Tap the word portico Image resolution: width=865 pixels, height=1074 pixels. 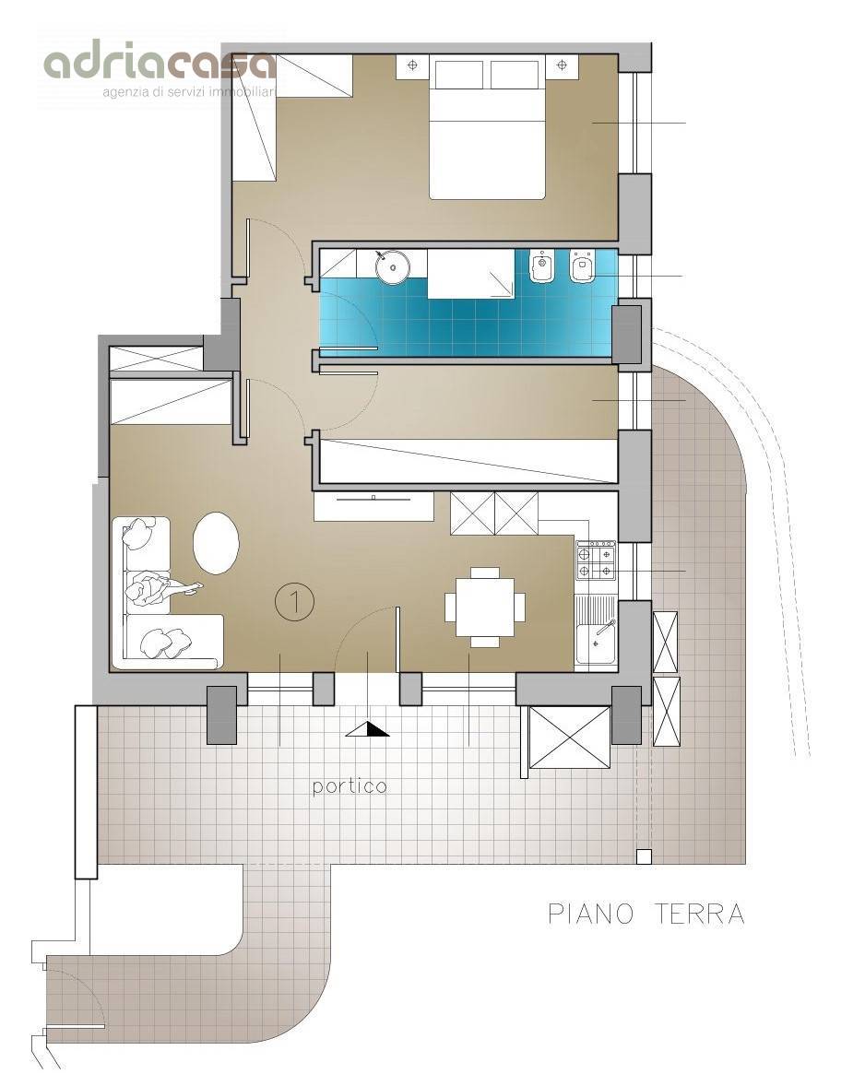tap(350, 786)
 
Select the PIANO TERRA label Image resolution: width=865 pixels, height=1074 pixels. tap(646, 914)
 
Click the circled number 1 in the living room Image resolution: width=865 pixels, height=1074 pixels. tap(295, 602)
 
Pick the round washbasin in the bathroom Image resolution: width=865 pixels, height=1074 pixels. tap(393, 266)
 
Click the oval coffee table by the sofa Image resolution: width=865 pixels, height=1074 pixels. tap(216, 543)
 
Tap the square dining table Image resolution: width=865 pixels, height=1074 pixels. tap(485, 608)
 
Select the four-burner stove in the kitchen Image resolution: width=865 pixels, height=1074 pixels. tap(596, 560)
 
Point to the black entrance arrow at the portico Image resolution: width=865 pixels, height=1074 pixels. tap(368, 729)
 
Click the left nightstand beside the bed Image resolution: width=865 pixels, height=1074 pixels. tap(412, 66)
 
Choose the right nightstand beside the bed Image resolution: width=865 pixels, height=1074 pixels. tap(562, 66)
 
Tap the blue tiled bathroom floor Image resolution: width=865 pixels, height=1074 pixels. tap(466, 318)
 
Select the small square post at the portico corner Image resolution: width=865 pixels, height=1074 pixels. tap(643, 856)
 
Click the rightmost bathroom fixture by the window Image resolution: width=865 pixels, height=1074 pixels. tap(584, 266)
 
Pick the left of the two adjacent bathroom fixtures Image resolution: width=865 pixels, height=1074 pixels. tap(541, 266)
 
